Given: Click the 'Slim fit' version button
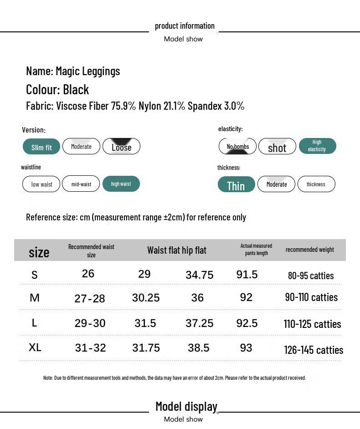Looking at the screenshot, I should click(x=41, y=147).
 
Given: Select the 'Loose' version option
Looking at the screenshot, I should click(x=121, y=147).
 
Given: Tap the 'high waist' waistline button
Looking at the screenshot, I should click(x=121, y=184).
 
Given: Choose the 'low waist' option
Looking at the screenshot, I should click(x=41, y=184).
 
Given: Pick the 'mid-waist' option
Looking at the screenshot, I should click(x=81, y=184).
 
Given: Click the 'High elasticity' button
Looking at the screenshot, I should click(x=317, y=146).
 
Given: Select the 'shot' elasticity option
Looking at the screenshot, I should click(x=277, y=147).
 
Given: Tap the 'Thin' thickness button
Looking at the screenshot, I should click(x=236, y=185).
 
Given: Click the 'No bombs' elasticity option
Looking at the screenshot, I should click(x=238, y=146).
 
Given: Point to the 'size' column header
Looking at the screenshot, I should click(x=39, y=252).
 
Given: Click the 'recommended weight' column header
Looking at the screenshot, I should click(x=310, y=250).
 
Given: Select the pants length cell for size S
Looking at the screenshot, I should click(x=247, y=275).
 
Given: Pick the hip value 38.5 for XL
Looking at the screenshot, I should click(x=199, y=348).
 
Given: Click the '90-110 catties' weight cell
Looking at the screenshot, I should click(x=311, y=297).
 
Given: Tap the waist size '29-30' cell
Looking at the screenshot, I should click(x=90, y=323).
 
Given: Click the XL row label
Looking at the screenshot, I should click(x=35, y=347).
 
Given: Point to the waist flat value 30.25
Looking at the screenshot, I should click(x=146, y=298).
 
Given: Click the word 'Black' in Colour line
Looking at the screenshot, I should click(x=76, y=90).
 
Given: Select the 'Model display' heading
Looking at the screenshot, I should click(x=186, y=406).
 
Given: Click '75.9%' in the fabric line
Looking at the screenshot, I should click(x=123, y=106).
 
